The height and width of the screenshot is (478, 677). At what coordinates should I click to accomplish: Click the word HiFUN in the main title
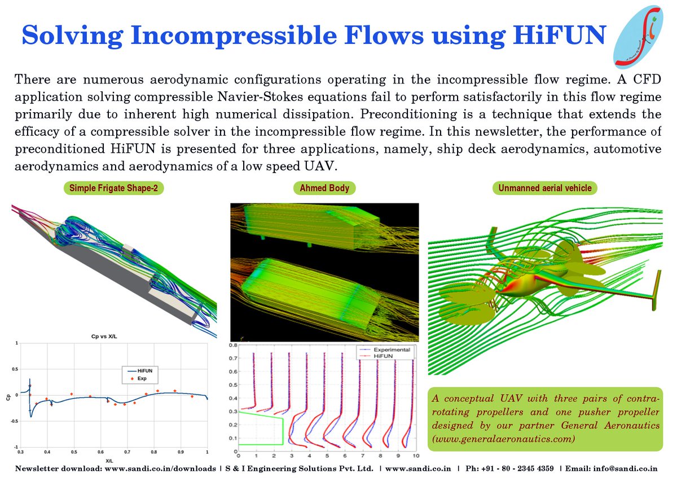[x=561, y=35]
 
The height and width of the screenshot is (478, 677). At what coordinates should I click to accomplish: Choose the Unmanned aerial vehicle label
[x=545, y=188]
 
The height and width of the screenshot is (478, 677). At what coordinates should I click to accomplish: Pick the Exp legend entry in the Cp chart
[x=142, y=379]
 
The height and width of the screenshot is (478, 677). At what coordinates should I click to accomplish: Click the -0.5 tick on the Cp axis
[x=14, y=421]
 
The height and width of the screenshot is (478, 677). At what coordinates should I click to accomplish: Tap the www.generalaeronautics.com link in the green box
[x=503, y=437]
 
